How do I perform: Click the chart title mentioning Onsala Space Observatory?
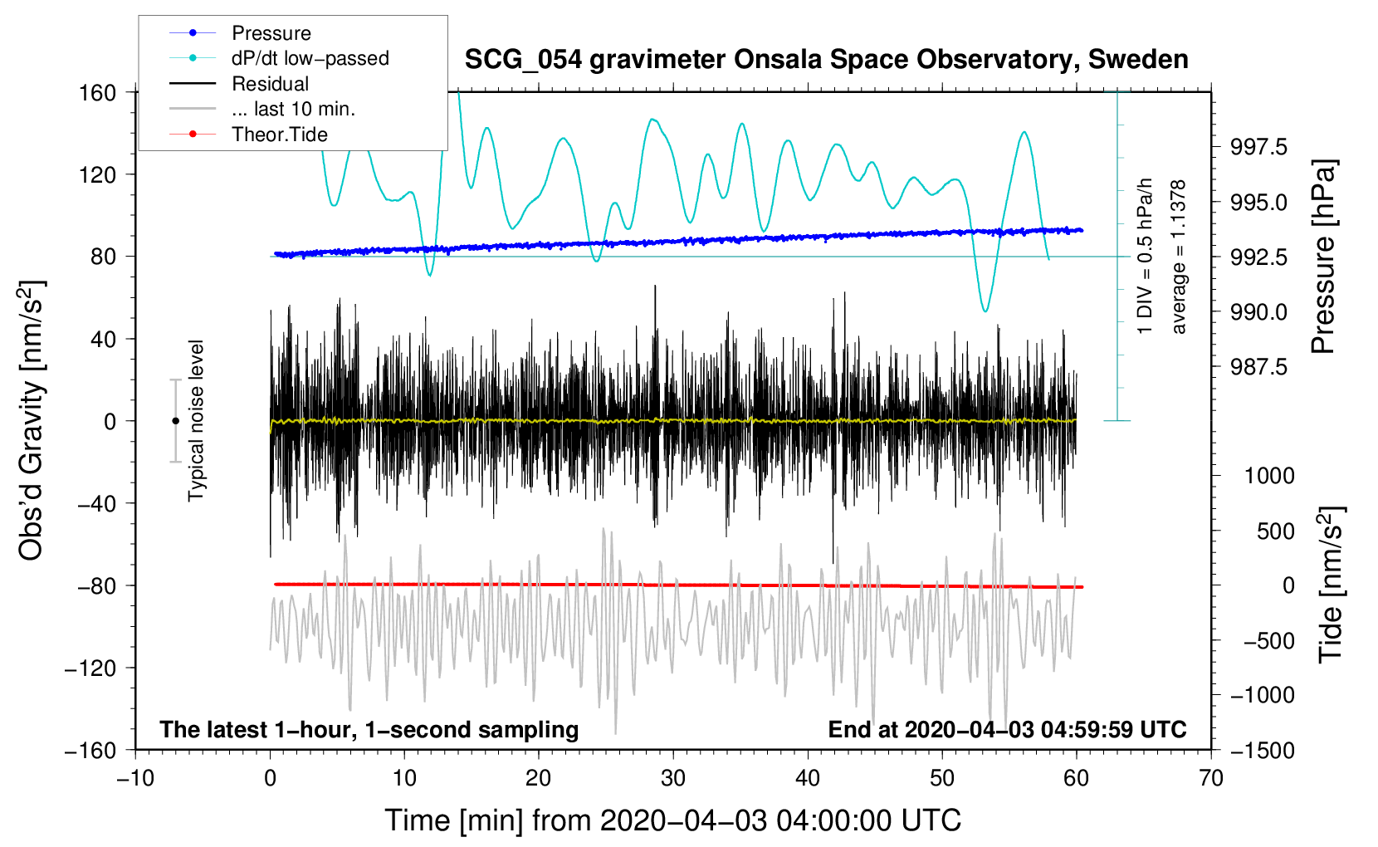pyautogui.click(x=826, y=60)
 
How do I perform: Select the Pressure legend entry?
pyautogui.click(x=271, y=33)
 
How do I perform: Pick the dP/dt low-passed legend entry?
pyautogui.click(x=310, y=58)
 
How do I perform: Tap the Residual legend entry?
pyautogui.click(x=270, y=84)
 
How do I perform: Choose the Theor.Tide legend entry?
pyautogui.click(x=279, y=135)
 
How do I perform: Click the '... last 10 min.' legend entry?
pyautogui.click(x=293, y=109)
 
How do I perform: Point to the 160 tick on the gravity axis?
pyautogui.click(x=98, y=92)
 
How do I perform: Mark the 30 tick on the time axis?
pyautogui.click(x=673, y=778)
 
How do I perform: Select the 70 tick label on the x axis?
pyautogui.click(x=1211, y=778)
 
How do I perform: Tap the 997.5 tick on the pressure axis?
pyautogui.click(x=1258, y=147)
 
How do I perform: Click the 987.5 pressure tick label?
pyautogui.click(x=1258, y=366)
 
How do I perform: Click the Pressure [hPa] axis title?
pyautogui.click(x=1324, y=257)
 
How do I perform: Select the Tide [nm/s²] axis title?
pyautogui.click(x=1331, y=585)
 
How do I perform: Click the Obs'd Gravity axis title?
pyautogui.click(x=32, y=421)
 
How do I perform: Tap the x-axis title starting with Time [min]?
pyautogui.click(x=673, y=820)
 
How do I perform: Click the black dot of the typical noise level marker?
pyautogui.click(x=175, y=421)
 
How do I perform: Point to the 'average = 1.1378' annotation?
pyautogui.click(x=1179, y=257)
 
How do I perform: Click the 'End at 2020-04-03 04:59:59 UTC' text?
pyautogui.click(x=1007, y=729)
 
